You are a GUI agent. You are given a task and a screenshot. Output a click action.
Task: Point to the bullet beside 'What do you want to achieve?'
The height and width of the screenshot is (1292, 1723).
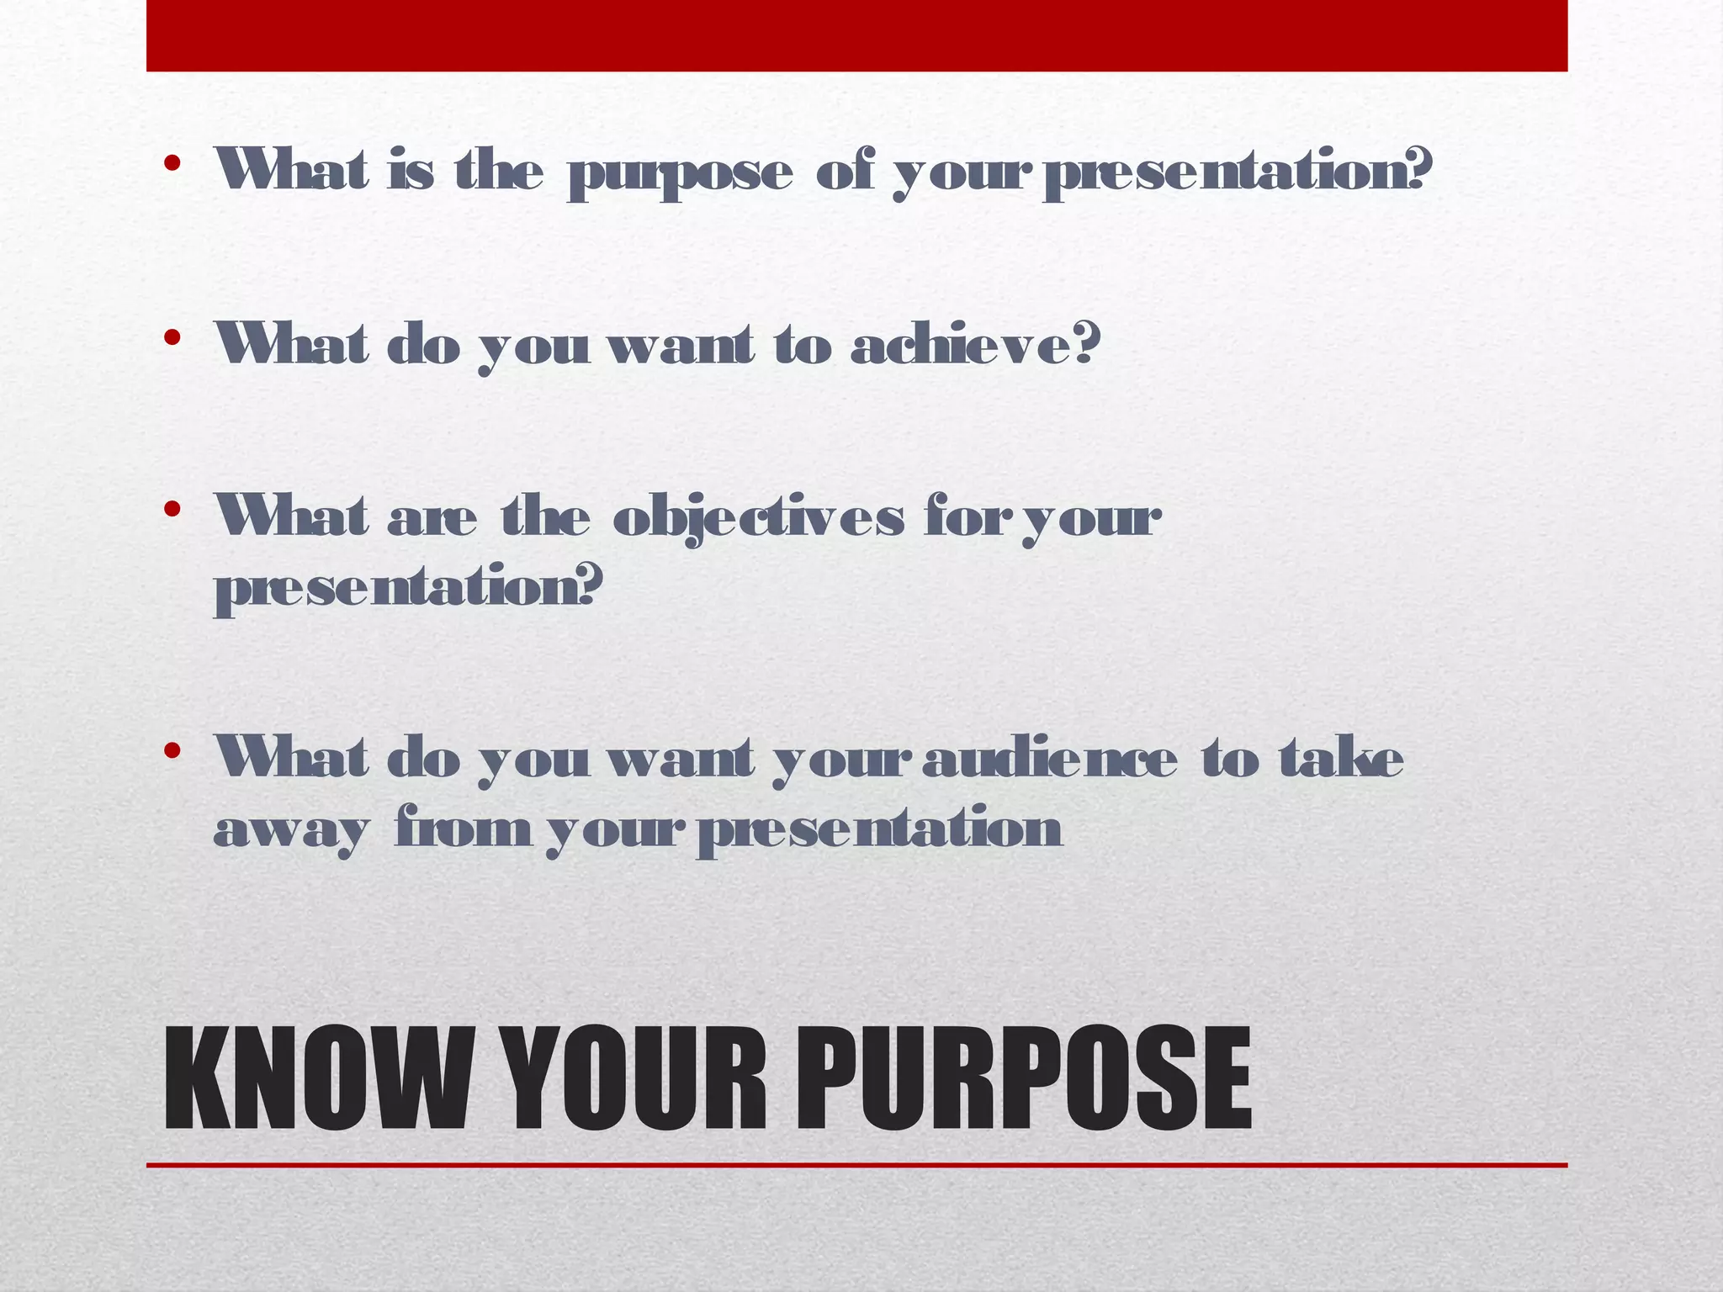click(172, 338)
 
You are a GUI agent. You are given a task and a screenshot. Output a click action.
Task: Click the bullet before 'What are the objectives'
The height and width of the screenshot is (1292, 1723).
click(172, 509)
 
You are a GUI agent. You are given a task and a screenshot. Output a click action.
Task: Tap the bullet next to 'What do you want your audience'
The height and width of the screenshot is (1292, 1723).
click(172, 750)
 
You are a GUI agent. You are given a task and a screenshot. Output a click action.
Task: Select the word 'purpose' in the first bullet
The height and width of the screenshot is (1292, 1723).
click(680, 175)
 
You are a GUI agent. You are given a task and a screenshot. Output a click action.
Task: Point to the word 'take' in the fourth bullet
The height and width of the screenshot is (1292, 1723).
click(1341, 759)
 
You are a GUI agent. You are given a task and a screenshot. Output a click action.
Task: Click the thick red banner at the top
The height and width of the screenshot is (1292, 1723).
click(856, 35)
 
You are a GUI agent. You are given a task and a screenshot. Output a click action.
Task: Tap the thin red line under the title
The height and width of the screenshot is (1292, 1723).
click(856, 1165)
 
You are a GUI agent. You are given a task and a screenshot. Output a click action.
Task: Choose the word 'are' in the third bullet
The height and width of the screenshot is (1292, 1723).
click(432, 519)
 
